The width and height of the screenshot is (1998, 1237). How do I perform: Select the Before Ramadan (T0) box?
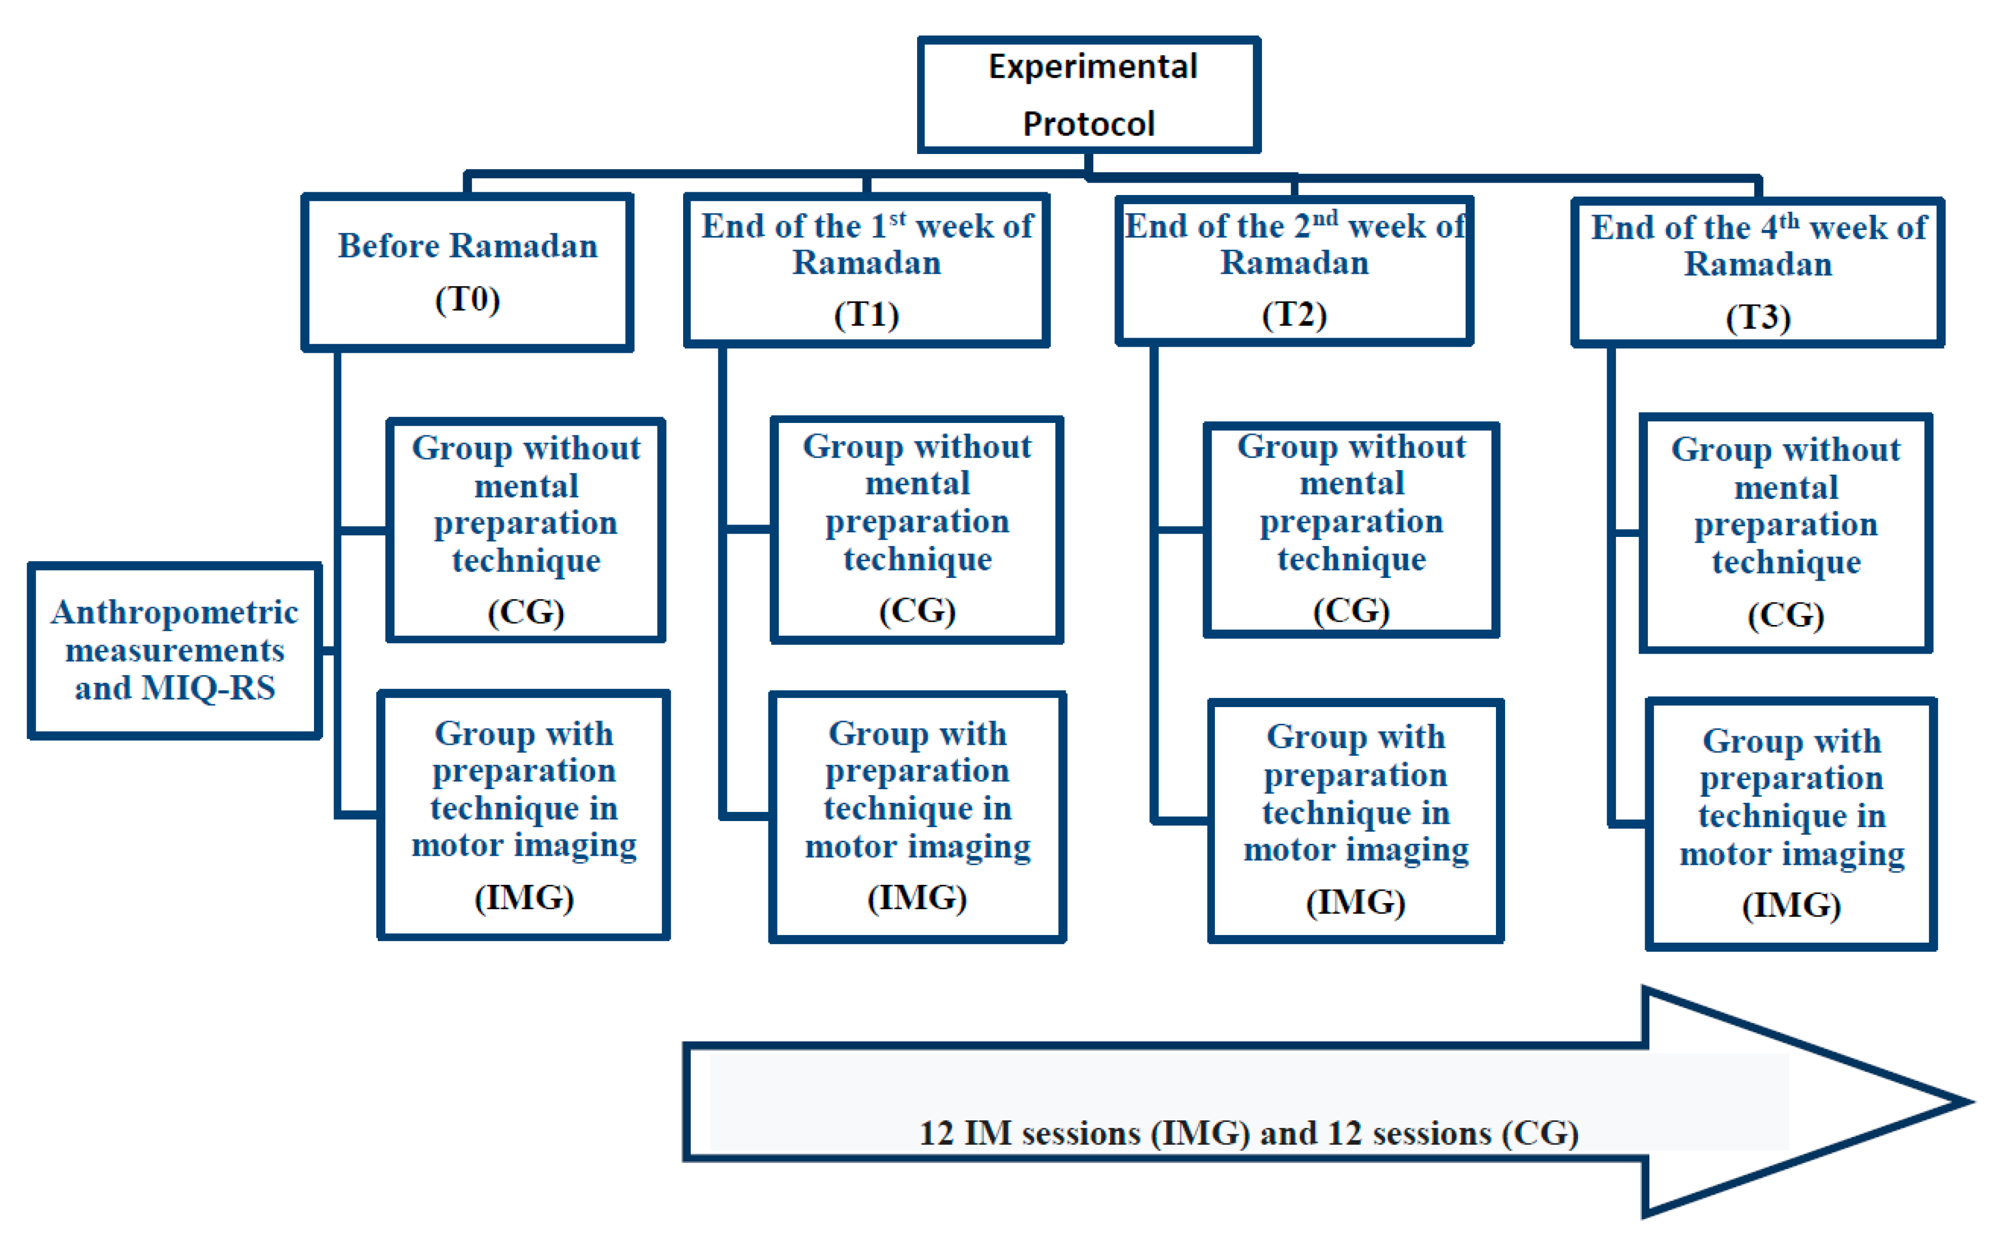click(x=467, y=272)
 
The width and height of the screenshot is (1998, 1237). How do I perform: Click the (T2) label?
click(x=1293, y=315)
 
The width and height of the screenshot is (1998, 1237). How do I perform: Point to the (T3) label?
click(x=1758, y=318)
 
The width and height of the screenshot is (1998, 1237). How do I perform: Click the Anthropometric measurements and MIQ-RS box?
click(x=175, y=650)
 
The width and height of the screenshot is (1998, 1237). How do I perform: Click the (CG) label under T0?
click(x=525, y=612)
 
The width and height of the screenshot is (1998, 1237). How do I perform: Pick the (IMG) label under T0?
click(x=524, y=897)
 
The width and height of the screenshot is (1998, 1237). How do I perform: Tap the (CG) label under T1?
click(x=917, y=610)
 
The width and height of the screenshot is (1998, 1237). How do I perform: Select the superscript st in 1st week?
click(x=897, y=218)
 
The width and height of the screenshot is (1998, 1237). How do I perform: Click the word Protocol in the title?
click(x=1088, y=124)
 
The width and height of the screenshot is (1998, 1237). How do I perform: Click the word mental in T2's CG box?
click(x=1352, y=483)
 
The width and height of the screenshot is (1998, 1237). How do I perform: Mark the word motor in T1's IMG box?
click(x=850, y=847)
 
